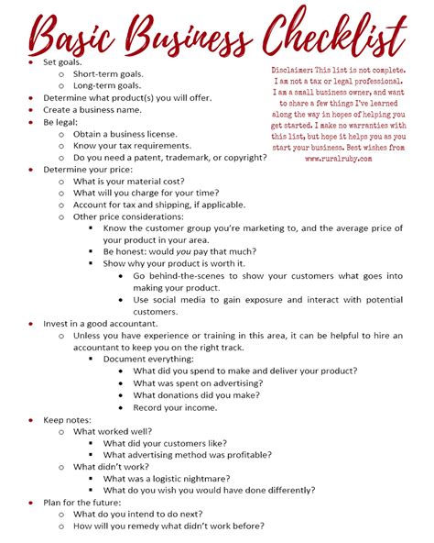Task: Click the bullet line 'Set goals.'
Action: tap(62, 61)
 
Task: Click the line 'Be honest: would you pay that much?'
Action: tap(179, 251)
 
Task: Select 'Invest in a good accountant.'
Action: tap(101, 323)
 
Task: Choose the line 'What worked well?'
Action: tap(114, 431)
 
